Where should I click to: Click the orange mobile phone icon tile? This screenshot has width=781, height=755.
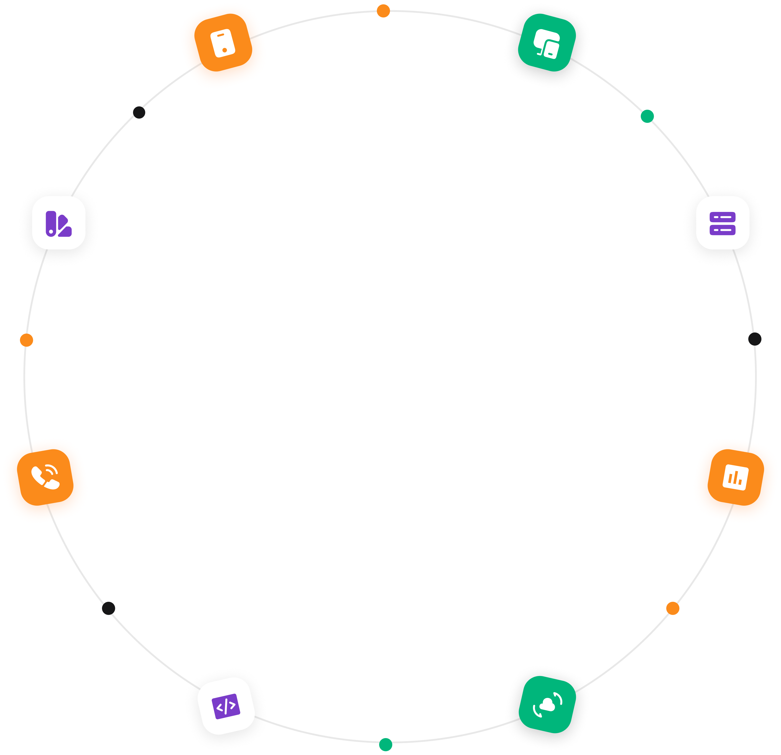tap(223, 43)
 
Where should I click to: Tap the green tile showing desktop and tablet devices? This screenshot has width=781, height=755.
tap(547, 43)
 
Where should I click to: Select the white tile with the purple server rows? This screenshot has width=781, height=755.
tap(723, 223)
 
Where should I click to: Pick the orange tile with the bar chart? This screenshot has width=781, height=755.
tap(736, 477)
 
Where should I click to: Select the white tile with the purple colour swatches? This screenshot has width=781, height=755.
tap(58, 223)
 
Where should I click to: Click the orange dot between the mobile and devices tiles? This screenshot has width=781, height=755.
tap(383, 11)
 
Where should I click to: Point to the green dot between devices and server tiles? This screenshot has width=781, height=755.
tap(647, 116)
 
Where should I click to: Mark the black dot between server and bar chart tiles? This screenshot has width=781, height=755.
tap(755, 339)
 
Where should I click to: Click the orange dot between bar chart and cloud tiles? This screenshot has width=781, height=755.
tap(673, 608)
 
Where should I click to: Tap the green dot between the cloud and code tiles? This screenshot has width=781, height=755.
tap(385, 744)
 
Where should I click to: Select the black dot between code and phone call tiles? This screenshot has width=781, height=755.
tap(108, 608)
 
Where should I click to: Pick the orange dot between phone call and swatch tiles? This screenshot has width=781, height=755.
tap(26, 340)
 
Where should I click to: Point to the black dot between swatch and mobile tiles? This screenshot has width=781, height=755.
tap(139, 112)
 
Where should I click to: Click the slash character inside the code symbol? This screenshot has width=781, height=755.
tap(226, 707)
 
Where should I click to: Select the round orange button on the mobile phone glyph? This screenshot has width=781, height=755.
tap(225, 50)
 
